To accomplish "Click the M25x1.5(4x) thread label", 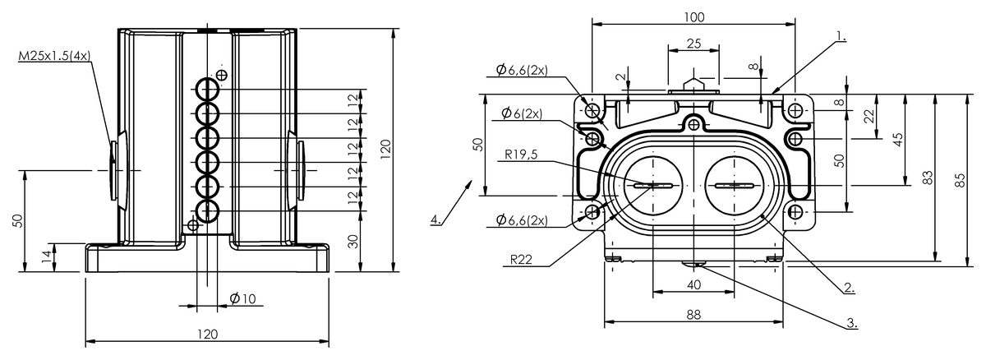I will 54,56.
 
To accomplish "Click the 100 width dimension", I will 694,16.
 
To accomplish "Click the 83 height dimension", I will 928,178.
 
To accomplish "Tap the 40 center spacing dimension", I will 694,284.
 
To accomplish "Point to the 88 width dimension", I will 694,314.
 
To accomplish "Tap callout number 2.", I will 850,288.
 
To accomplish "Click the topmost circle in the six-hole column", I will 207,88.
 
